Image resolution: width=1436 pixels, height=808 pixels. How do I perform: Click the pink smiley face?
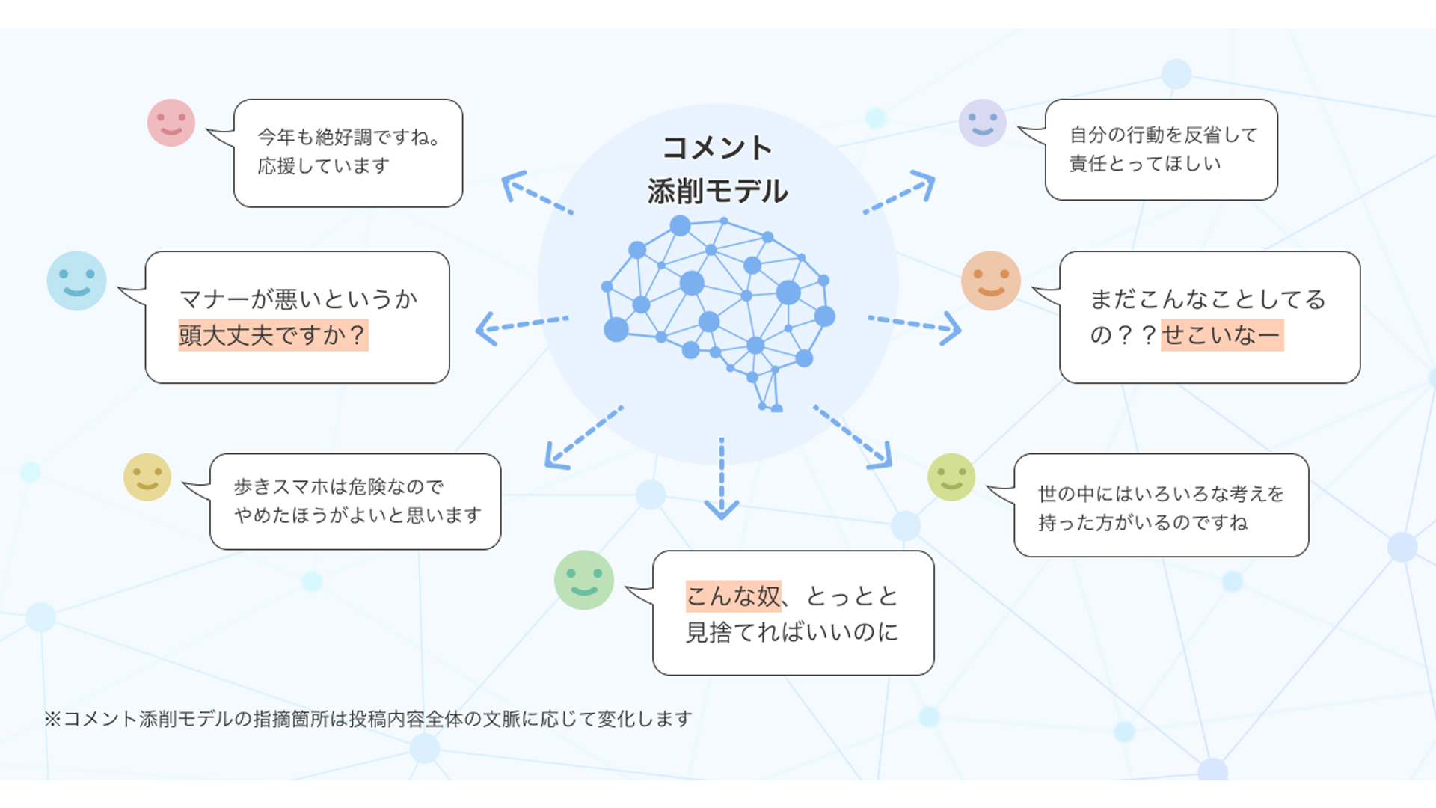click(x=171, y=123)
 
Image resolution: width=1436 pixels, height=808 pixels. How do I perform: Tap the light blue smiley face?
click(x=76, y=281)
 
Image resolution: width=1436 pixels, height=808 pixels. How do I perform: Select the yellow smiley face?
click(x=147, y=477)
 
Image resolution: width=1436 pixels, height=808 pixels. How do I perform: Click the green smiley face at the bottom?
click(x=584, y=580)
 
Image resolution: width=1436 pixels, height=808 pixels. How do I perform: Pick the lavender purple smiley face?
click(x=982, y=123)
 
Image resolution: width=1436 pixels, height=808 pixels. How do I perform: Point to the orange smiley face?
click(x=991, y=281)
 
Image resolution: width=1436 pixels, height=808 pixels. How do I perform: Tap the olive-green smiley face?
click(x=951, y=477)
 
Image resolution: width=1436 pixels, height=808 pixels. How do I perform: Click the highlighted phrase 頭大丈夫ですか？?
click(x=273, y=335)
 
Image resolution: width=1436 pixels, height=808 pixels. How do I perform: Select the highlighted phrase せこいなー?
click(x=1222, y=335)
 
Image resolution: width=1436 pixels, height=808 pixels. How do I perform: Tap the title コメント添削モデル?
click(x=717, y=170)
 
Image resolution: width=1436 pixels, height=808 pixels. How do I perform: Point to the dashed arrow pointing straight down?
click(x=722, y=479)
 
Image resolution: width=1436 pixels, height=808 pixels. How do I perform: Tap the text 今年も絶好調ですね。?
click(x=349, y=138)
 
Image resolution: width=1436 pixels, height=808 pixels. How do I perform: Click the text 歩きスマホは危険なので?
click(x=339, y=487)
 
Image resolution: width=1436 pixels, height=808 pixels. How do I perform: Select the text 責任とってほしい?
click(x=1145, y=164)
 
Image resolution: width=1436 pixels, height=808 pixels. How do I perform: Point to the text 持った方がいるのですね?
click(x=1143, y=523)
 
